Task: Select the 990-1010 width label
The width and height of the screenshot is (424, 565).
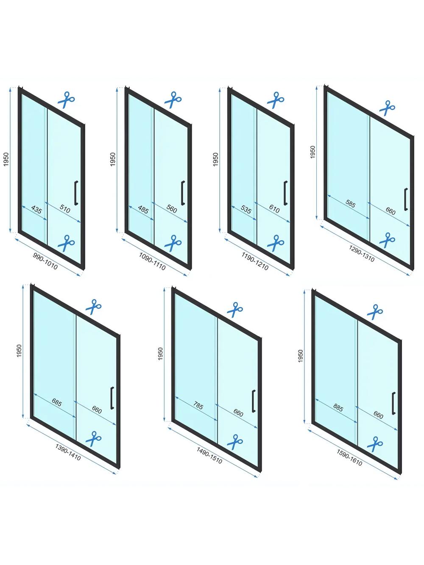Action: [45, 261]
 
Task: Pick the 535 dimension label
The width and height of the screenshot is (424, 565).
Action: [246, 210]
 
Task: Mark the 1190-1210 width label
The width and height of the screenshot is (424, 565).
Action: [255, 262]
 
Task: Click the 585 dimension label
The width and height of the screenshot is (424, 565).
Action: [350, 203]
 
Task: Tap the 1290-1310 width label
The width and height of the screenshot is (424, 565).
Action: [362, 255]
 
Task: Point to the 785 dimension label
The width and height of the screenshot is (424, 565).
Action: [198, 406]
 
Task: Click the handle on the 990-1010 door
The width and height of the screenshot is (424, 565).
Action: [76, 193]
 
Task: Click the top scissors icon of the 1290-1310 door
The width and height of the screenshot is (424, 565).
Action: [387, 108]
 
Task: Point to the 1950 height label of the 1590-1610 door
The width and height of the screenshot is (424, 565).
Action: [301, 356]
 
